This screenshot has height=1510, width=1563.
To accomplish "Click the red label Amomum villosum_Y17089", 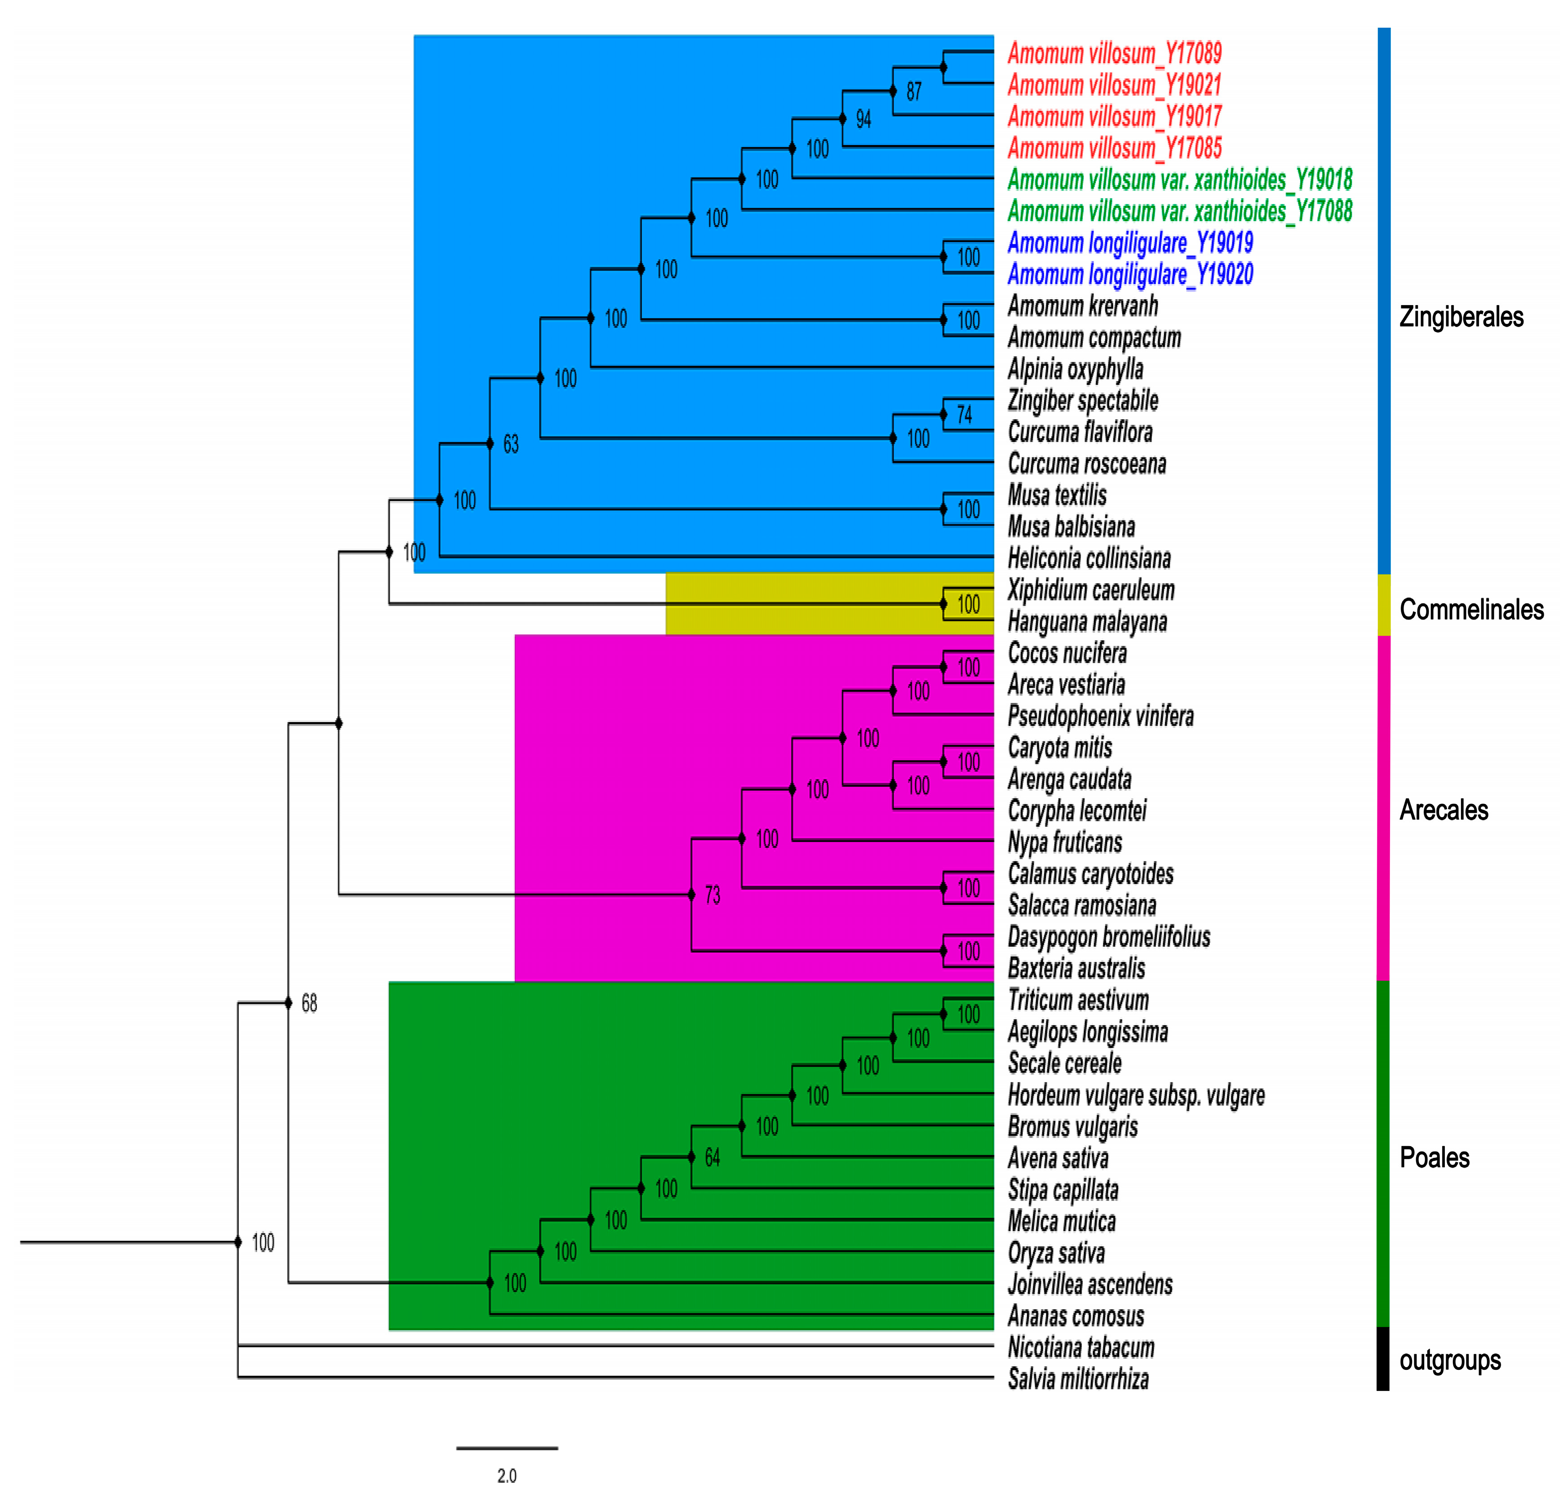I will tap(1114, 53).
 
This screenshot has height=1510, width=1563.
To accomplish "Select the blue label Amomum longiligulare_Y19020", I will tap(1130, 274).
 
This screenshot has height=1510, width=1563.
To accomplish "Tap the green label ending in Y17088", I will tap(1179, 211).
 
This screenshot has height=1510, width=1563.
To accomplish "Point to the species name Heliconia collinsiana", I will tap(1089, 558).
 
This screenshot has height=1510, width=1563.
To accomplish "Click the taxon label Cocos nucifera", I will tap(1067, 653).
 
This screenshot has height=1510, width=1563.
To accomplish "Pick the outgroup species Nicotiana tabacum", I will tap(1080, 1347).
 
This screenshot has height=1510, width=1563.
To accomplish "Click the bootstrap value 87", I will tap(914, 92).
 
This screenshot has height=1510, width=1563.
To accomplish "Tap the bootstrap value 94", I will tap(863, 120).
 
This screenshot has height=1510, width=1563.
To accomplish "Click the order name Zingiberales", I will tap(1461, 317).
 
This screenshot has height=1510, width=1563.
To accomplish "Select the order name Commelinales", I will tap(1471, 610).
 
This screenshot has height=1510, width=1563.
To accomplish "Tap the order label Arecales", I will tap(1443, 810).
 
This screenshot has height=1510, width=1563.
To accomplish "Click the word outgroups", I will tap(1450, 1360).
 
